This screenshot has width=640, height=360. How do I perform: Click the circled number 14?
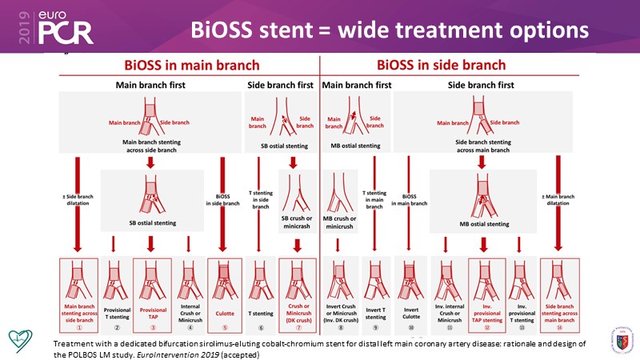(558, 328)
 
